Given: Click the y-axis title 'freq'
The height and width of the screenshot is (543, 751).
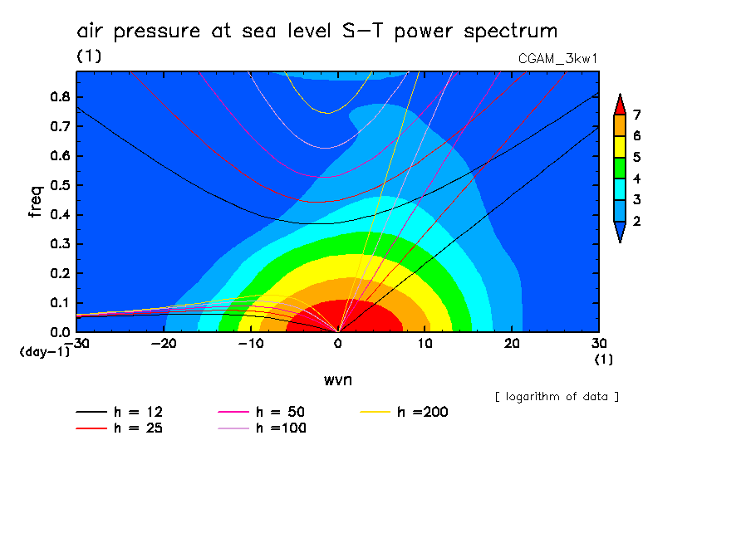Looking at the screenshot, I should click(35, 202).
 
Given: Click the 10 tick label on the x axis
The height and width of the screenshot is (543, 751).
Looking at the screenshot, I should click(425, 342).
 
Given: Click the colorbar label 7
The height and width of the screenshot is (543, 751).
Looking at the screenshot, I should click(636, 115).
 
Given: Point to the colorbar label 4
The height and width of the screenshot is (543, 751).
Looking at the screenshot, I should click(636, 179).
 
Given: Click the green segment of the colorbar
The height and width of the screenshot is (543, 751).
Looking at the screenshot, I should click(619, 168).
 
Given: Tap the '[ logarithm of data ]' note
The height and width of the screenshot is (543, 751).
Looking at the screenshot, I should click(557, 396).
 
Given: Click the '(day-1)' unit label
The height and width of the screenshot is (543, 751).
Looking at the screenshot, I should click(44, 351).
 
